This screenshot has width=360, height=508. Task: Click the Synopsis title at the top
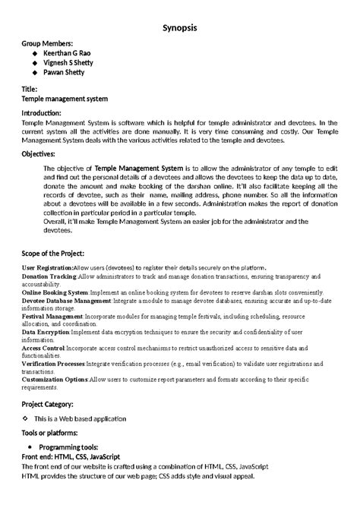point(180,27)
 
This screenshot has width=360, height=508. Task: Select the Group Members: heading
point(48,44)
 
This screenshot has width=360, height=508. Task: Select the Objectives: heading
point(43,154)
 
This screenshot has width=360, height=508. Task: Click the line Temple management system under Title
point(65,99)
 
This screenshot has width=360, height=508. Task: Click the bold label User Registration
point(48,268)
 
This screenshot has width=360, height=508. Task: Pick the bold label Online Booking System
point(55,292)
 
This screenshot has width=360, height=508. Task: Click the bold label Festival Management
point(52,315)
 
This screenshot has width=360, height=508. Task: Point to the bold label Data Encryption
point(46,332)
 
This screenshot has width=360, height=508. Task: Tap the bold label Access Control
point(43,348)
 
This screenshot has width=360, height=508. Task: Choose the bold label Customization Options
point(55,379)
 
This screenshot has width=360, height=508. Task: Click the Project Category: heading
point(48,404)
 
